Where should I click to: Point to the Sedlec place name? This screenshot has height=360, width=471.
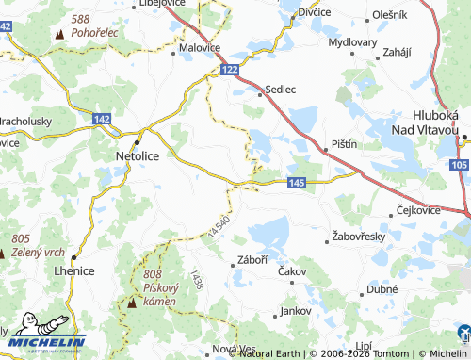(x=281, y=90)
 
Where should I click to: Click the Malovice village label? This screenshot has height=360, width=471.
(x=200, y=46)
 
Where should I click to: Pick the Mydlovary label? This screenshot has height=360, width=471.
(x=352, y=43)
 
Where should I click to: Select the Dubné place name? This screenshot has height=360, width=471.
(x=382, y=290)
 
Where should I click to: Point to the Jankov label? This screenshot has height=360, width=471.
(x=295, y=309)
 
